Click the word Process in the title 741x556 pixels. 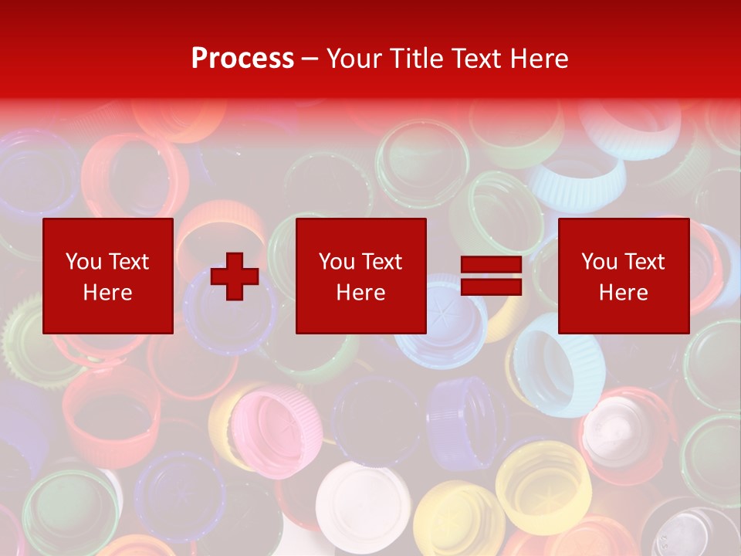coord(242,59)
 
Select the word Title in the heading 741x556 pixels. coord(417,59)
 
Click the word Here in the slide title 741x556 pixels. coord(542,59)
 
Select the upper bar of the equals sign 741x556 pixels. coord(492,265)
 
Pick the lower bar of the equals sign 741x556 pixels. coord(492,288)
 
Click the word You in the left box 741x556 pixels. coord(83,262)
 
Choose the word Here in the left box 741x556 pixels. coord(107,293)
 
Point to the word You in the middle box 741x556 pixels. coord(337,262)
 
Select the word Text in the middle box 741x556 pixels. coord(381,262)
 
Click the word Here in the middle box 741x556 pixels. coord(360,293)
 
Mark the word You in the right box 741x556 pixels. coord(599,262)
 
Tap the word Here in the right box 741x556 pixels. coord(623,293)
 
